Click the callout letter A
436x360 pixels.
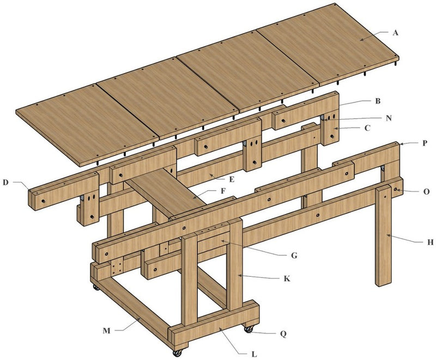(396, 33)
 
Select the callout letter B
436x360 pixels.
(378, 101)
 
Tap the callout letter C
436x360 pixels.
(367, 128)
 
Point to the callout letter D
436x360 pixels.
(5, 182)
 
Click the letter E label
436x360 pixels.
(231, 179)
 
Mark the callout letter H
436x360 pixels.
(430, 242)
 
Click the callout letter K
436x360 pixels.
(287, 278)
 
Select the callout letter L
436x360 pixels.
(254, 355)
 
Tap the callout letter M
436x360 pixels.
(106, 331)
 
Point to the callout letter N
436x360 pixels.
(389, 118)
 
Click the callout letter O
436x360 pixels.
(427, 191)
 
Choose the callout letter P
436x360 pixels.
(425, 143)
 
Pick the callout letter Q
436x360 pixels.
(283, 334)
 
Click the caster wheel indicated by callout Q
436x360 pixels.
(249, 330)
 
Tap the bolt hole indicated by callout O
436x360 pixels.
(395, 189)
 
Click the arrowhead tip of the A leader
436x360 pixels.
(360, 40)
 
